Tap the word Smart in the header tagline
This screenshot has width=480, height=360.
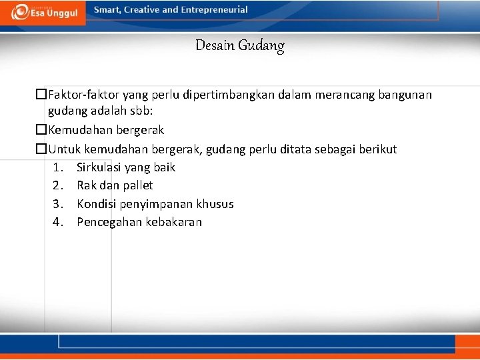[x=107, y=10]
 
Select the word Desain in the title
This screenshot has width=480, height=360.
[x=212, y=46]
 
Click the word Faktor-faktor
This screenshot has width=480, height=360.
[x=82, y=95]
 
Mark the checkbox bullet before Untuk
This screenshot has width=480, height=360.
[x=41, y=149]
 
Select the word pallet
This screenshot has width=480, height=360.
[x=139, y=185]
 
